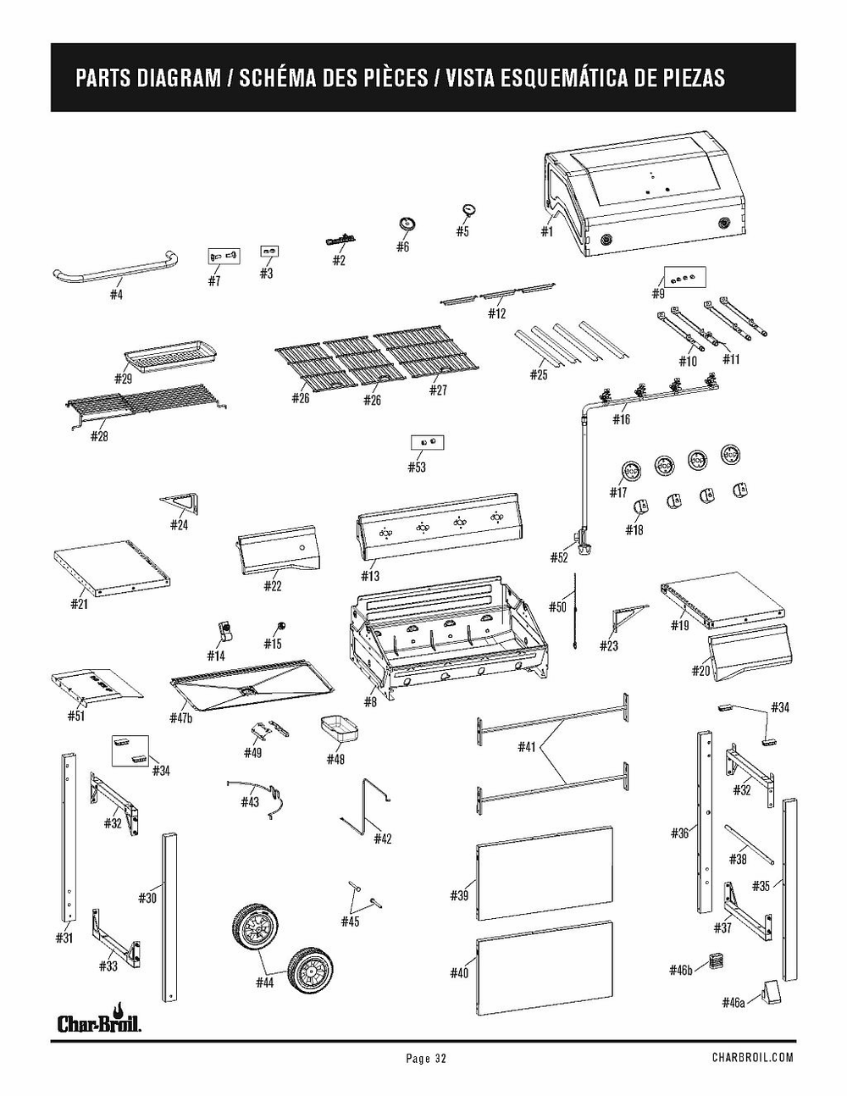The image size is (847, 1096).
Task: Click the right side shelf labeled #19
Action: tap(720, 597)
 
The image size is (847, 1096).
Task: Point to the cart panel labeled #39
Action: tap(545, 872)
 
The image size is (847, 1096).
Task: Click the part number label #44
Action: tap(264, 983)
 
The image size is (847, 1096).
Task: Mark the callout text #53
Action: tap(416, 468)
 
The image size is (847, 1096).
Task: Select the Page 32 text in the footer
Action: tap(425, 1058)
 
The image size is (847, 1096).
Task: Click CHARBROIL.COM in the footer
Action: tap(752, 1058)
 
